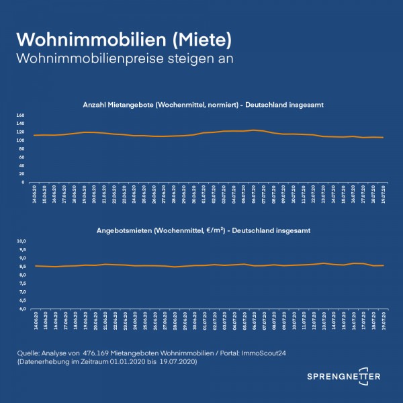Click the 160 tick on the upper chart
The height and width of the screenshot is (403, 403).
(x=19, y=116)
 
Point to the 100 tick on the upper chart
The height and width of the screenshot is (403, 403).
(x=19, y=140)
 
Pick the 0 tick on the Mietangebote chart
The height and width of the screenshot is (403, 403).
(x=23, y=182)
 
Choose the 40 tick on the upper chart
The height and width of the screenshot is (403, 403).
(x=21, y=165)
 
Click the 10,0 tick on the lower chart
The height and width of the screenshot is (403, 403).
(x=21, y=240)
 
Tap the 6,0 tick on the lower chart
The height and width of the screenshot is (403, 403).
(x=21, y=309)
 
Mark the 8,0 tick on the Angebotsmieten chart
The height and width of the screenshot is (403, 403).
(x=21, y=275)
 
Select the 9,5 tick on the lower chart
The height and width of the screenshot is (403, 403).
(x=21, y=249)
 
